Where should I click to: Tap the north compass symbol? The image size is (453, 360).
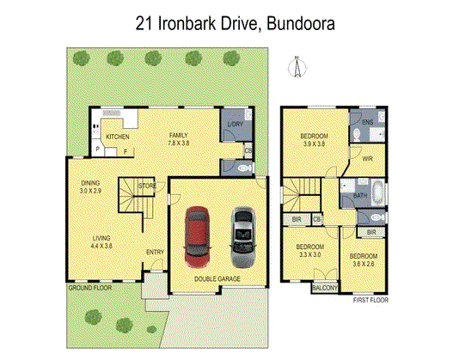pyautogui.click(x=295, y=68)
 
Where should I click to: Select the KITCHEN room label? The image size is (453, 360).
pyautogui.click(x=117, y=137)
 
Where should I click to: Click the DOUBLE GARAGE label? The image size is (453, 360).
pyautogui.click(x=217, y=279)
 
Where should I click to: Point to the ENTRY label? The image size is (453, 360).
pyautogui.click(x=155, y=252)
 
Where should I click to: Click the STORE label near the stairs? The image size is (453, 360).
pyautogui.click(x=147, y=185)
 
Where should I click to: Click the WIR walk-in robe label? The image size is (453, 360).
pyautogui.click(x=367, y=159)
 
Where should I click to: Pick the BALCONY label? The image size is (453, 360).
pyautogui.click(x=325, y=289)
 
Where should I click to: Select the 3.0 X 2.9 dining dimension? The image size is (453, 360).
pyautogui.click(x=91, y=192)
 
